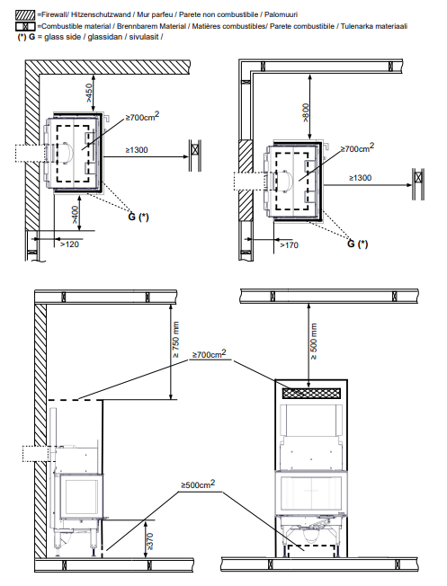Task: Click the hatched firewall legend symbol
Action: (x=25, y=15)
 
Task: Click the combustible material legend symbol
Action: (x=25, y=27)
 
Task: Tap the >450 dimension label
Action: (x=89, y=93)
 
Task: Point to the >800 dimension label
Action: (x=306, y=113)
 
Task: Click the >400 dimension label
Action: (x=76, y=215)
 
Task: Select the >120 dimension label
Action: (x=70, y=244)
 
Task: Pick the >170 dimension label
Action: (x=289, y=245)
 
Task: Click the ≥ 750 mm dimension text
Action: (x=176, y=340)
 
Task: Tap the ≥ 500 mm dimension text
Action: (x=314, y=342)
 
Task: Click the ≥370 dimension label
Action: (x=149, y=541)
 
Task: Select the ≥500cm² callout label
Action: (x=198, y=484)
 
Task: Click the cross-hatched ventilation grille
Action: (x=311, y=393)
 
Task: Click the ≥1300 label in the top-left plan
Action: (x=137, y=150)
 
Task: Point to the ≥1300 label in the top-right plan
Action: (x=361, y=178)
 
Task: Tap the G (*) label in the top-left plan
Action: (x=139, y=217)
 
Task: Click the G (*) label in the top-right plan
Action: (x=358, y=244)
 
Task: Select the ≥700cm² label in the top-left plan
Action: (x=142, y=117)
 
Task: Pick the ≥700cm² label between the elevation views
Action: (x=209, y=353)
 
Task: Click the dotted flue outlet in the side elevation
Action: (x=36, y=454)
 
